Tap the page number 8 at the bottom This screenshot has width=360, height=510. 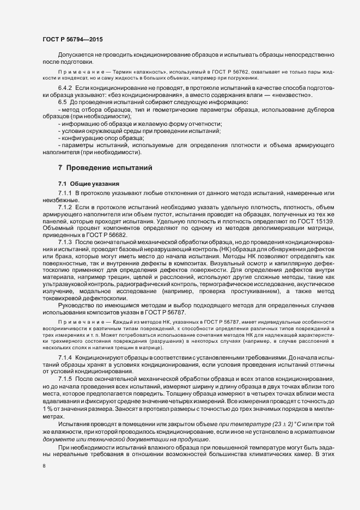(x=44, y=466)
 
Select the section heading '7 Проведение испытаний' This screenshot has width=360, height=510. (x=103, y=166)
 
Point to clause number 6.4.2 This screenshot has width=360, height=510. (x=66, y=87)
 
